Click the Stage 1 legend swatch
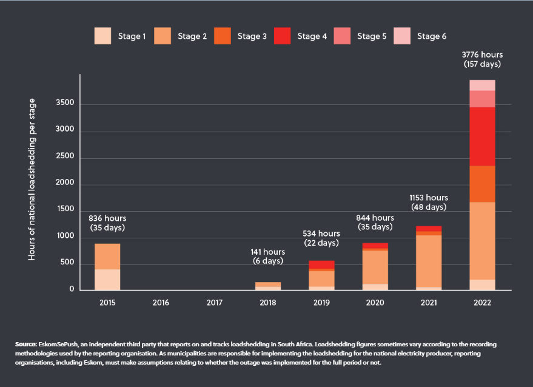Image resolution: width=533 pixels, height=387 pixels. pos(103,36)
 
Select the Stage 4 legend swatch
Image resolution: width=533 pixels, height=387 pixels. pos(283,36)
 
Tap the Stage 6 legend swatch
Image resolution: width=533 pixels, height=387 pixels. pos(403,36)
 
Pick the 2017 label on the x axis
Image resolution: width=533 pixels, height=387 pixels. pos(215,302)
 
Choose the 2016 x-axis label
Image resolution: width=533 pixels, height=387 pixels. pos(161,302)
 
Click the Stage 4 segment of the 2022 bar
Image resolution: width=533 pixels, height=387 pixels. pos(482,136)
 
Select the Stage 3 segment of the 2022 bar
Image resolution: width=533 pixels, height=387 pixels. pos(482,184)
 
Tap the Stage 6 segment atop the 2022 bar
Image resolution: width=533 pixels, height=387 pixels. pos(482,85)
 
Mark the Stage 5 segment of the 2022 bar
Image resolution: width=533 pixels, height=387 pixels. pos(482,99)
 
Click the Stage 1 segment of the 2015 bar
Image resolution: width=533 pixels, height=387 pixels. pos(107,280)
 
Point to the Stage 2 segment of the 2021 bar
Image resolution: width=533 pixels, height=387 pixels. pos(429,261)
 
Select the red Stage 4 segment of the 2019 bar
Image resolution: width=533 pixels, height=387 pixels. pos(321,264)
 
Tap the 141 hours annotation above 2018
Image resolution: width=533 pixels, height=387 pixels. pos(268,252)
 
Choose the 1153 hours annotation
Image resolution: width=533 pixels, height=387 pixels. pos(429,198)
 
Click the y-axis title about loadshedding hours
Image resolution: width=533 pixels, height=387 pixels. pos(32,180)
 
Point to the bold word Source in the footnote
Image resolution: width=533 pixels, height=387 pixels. pos(26,344)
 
